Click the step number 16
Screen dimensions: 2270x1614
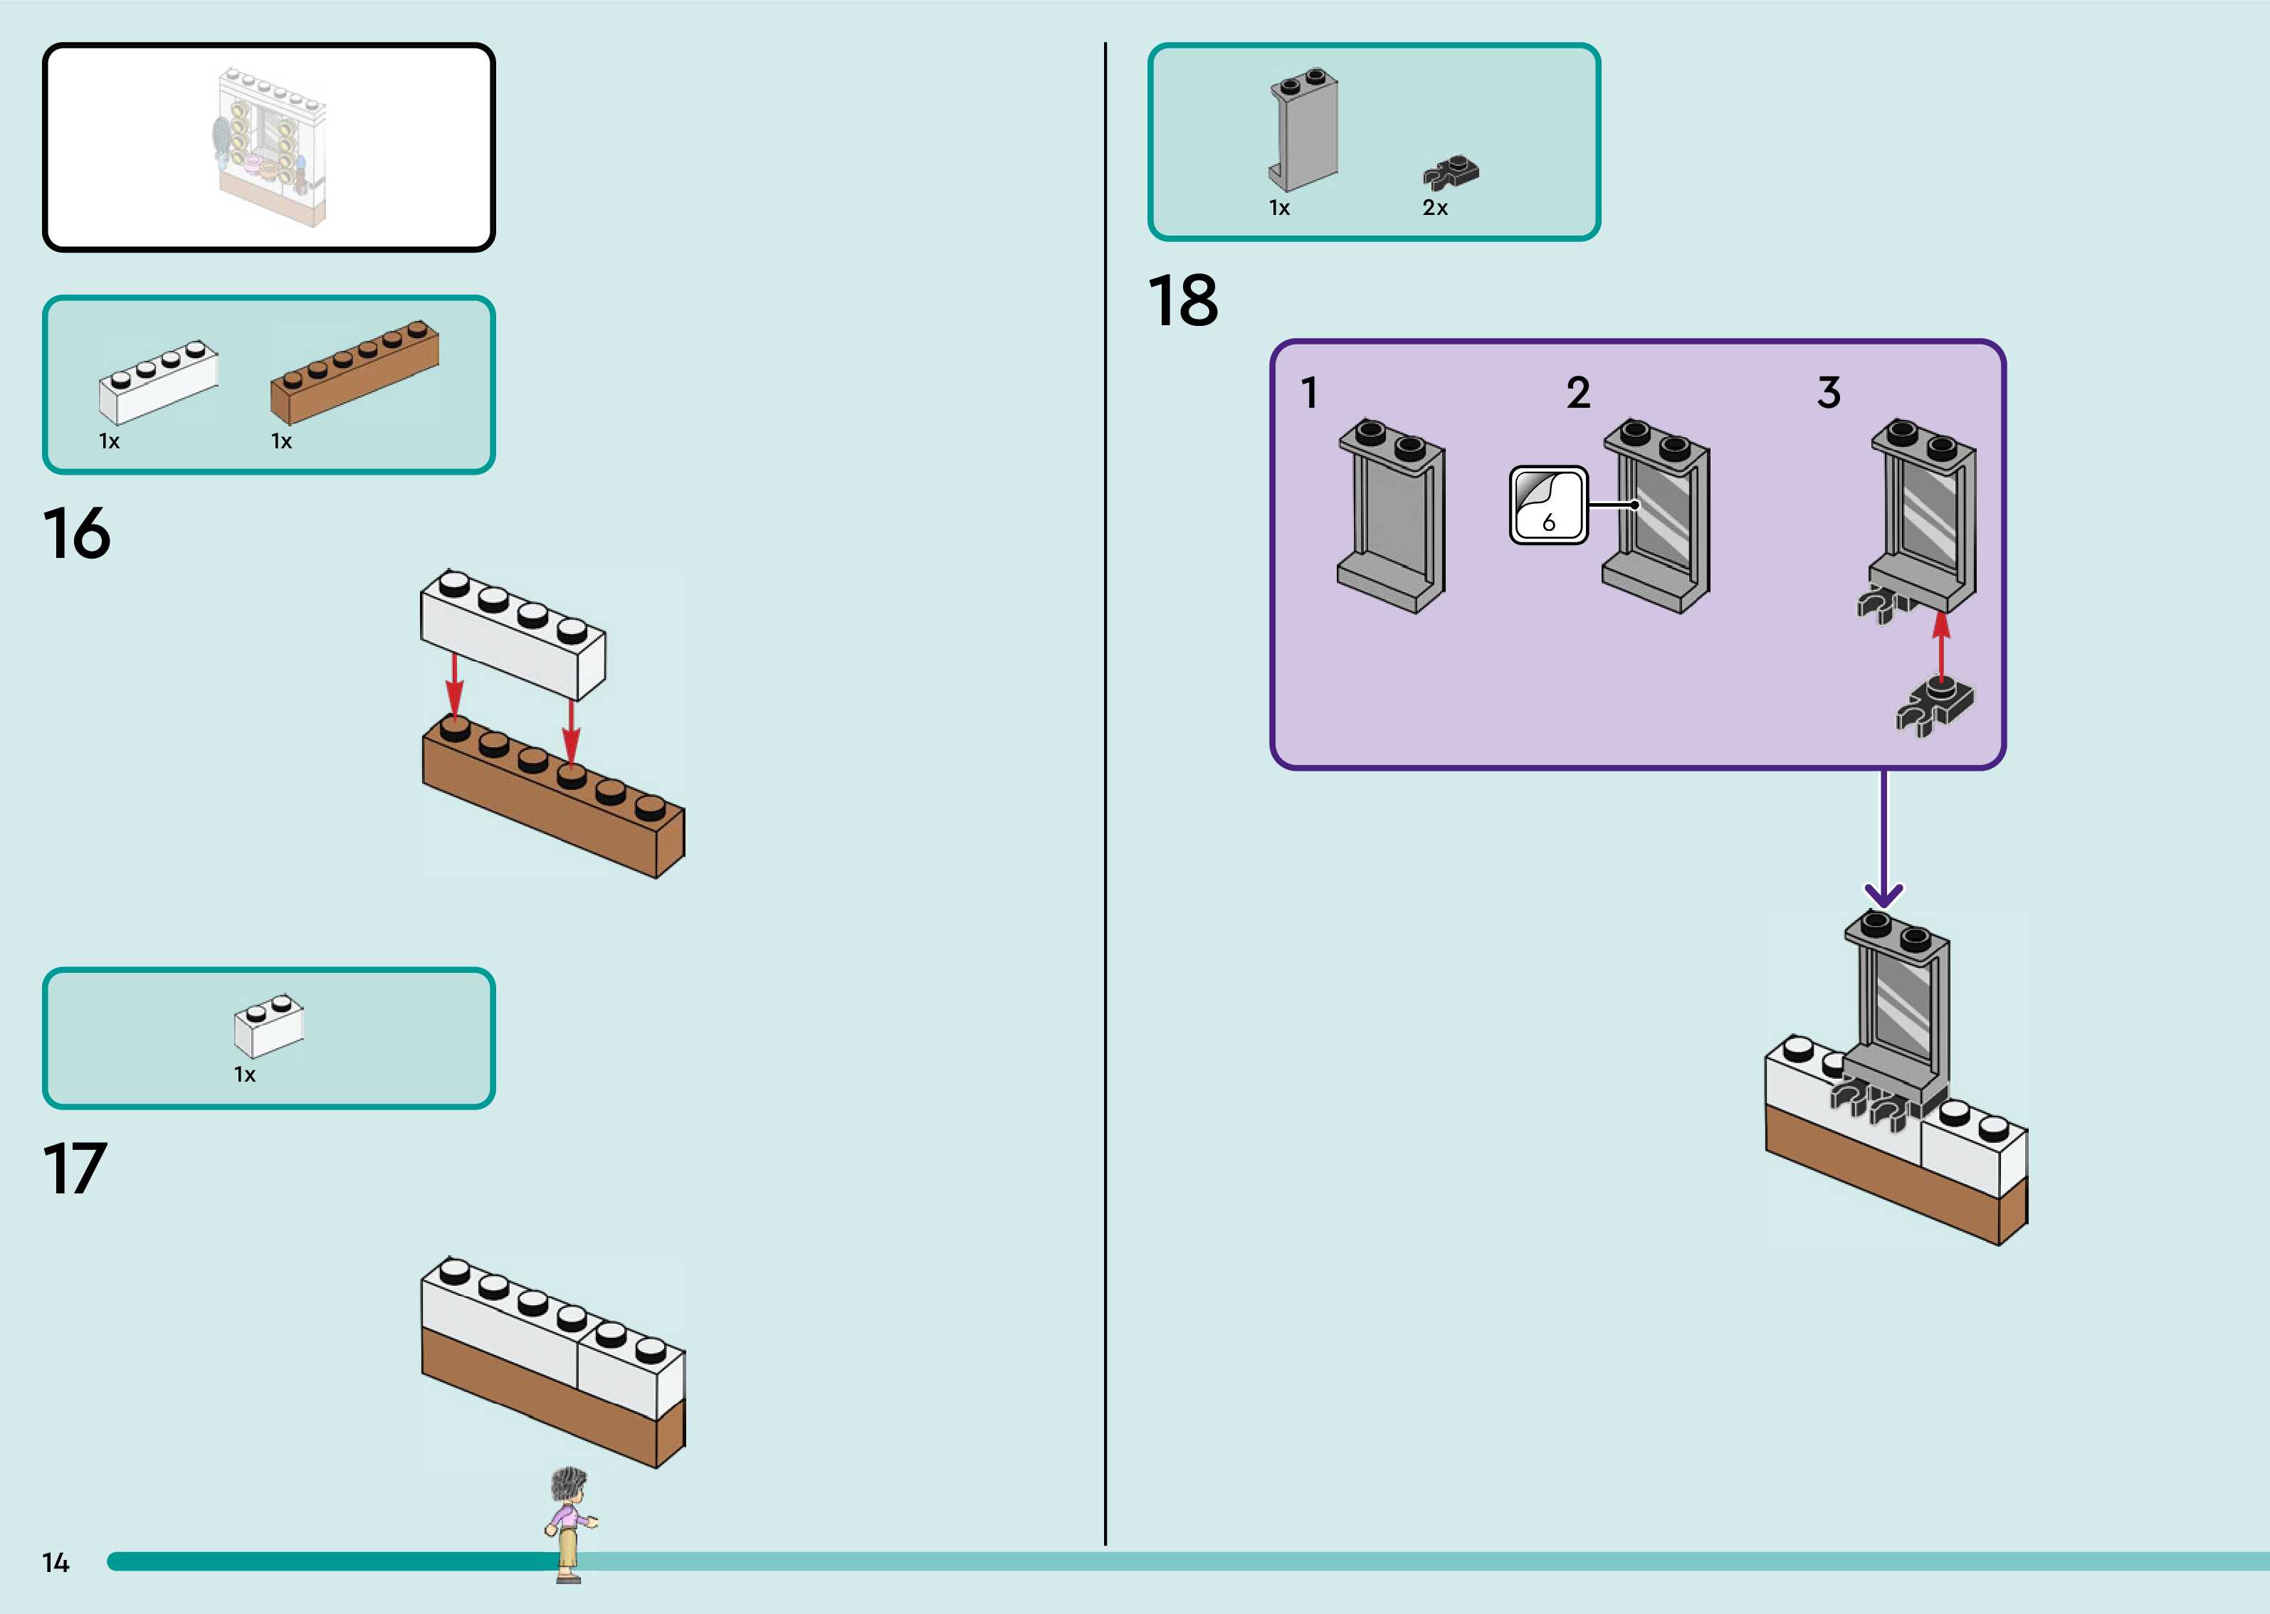tap(77, 534)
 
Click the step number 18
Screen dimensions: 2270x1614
tap(1183, 300)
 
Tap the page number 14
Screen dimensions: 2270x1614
tap(56, 1562)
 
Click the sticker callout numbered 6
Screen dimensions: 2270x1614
tap(1548, 505)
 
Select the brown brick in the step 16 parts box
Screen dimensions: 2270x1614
tap(354, 371)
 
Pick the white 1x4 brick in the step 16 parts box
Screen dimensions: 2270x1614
tap(158, 383)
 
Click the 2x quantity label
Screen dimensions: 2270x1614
tap(1435, 208)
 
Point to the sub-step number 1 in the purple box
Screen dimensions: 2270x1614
tap(1310, 393)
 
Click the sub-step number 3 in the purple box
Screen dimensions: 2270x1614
tap(1829, 393)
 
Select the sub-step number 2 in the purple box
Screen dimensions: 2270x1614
tap(1578, 393)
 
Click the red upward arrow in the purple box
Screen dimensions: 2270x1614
tap(1941, 646)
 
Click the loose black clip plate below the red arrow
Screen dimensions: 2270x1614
tap(1935, 707)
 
